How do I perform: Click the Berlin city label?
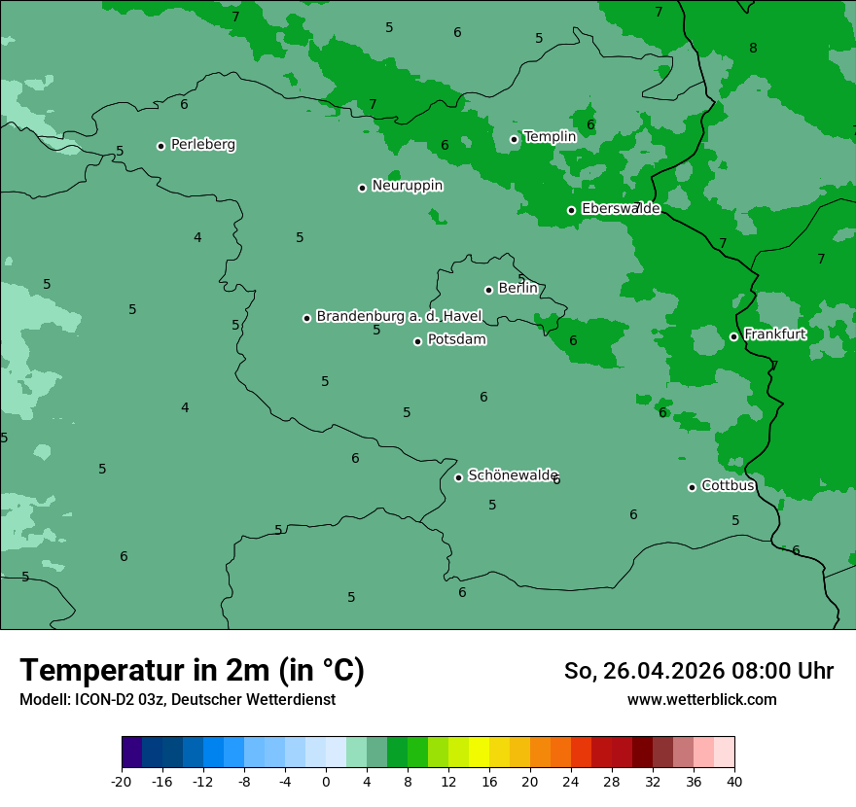pos(517,289)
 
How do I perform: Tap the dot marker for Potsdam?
pos(418,341)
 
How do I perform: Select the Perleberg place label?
pos(202,145)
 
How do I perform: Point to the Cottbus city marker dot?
pos(693,487)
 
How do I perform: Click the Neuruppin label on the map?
pos(407,186)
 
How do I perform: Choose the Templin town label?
pos(550,137)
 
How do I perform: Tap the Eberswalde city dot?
pos(572,210)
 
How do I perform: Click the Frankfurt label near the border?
pos(774,334)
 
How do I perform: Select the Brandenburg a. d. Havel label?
pos(399,316)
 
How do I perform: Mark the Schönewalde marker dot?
pos(459,477)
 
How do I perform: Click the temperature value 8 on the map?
pos(753,48)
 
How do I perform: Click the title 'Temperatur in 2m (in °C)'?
pos(192,670)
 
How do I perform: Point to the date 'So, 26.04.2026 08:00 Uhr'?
pos(698,671)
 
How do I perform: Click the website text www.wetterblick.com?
pos(701,699)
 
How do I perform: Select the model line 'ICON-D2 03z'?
pos(177,699)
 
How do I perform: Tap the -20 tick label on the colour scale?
pos(122,781)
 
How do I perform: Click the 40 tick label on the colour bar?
pos(734,781)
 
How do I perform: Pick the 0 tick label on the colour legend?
pos(326,781)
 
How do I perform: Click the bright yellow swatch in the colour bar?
pos(479,753)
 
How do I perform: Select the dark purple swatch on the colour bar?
pos(132,753)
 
